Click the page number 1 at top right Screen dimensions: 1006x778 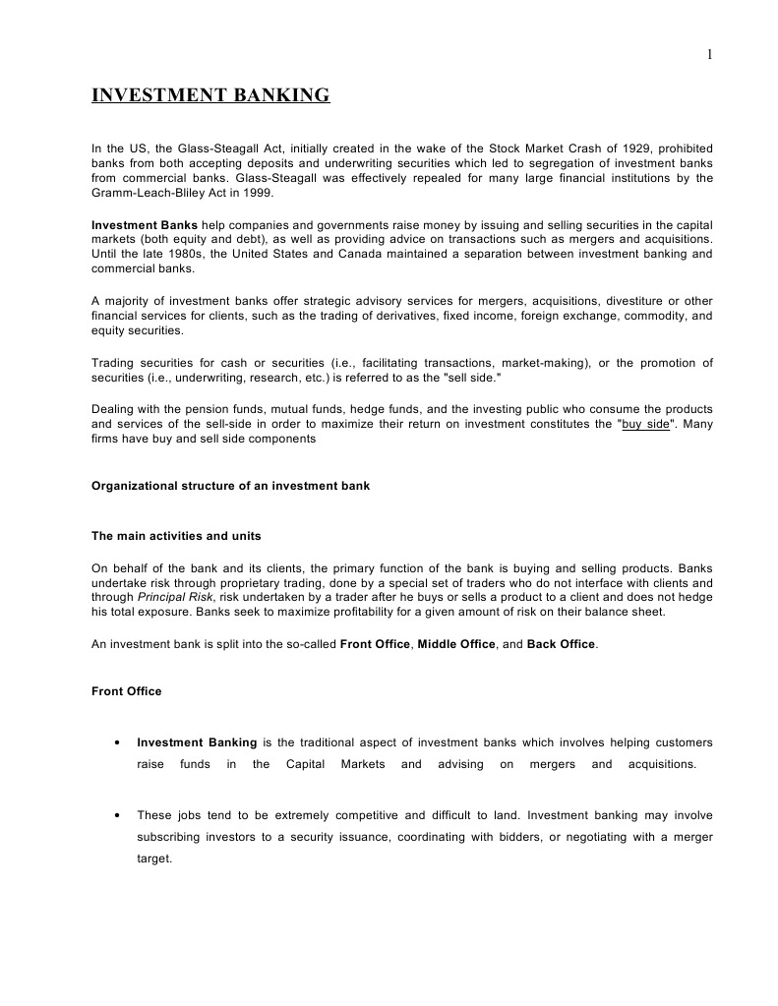(x=709, y=54)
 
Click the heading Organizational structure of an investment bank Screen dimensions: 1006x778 (x=230, y=486)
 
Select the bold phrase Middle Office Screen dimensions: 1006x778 (x=452, y=644)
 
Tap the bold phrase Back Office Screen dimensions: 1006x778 (x=561, y=644)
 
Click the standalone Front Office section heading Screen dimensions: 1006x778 (x=126, y=691)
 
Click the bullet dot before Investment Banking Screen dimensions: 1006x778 (x=118, y=743)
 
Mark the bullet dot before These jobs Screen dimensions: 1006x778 (x=118, y=816)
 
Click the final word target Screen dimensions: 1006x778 (x=153, y=858)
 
